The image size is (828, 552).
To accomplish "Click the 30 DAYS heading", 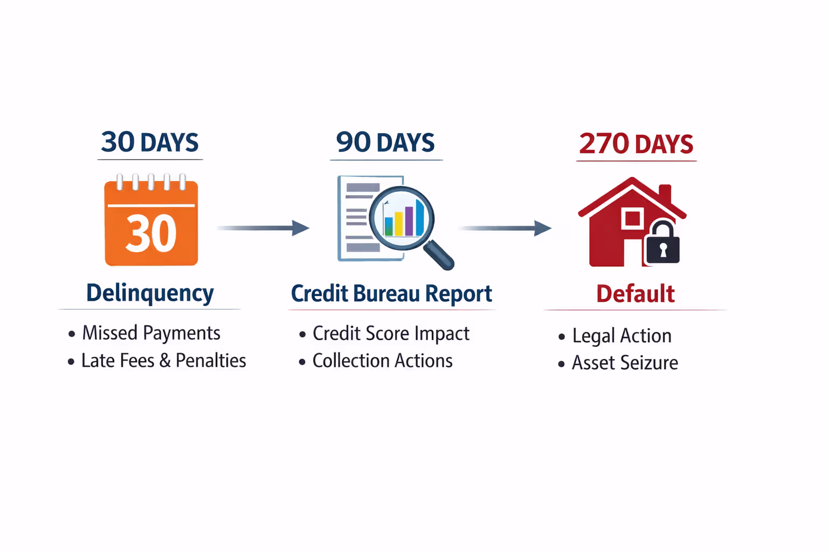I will click(x=150, y=143).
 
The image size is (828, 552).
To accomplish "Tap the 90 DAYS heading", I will click(x=385, y=143).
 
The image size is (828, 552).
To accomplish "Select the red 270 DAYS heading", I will click(x=636, y=144).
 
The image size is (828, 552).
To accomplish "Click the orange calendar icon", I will click(x=151, y=222).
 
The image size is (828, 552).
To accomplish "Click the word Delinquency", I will click(x=150, y=293).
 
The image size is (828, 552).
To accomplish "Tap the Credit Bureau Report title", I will click(x=391, y=294).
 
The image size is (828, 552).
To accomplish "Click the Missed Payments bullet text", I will click(x=151, y=333).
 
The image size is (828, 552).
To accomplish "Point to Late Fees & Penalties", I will click(x=163, y=361).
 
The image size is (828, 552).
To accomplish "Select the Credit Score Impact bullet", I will click(x=391, y=334).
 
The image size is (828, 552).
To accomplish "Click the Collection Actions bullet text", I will click(x=382, y=361).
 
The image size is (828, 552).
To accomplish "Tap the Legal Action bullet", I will click(x=622, y=336).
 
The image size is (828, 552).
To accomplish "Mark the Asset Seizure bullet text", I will click(x=625, y=363).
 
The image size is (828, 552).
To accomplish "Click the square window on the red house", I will click(x=632, y=218).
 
